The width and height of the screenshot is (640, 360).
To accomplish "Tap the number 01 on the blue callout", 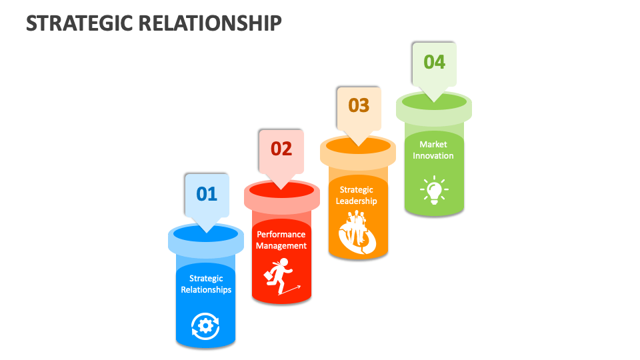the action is coord(207,194).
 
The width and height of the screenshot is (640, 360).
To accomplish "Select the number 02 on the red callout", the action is coord(281,149).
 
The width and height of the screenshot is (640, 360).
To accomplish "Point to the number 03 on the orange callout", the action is coord(359,105).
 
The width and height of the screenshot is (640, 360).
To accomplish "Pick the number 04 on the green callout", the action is coord(434,62).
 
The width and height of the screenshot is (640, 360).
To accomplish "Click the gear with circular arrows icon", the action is coord(205,325).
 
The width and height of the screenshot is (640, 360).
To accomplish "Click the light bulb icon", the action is coord(434,190).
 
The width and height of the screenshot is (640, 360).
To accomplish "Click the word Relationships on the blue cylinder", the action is coord(206,290).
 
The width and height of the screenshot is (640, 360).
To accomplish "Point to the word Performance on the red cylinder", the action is coord(281,234).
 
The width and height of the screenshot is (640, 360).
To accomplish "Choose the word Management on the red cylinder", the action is coord(281,245).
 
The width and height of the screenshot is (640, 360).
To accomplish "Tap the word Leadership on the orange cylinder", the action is coord(356,201).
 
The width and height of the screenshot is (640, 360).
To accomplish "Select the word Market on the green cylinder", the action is coord(433,144).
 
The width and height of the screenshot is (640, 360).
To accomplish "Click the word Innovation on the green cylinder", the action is coord(433,155).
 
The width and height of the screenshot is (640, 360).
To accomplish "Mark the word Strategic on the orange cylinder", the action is coord(356,190).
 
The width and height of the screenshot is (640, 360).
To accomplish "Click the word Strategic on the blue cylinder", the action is coord(206,279).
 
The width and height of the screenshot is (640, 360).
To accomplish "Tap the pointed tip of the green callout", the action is coord(434,101).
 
